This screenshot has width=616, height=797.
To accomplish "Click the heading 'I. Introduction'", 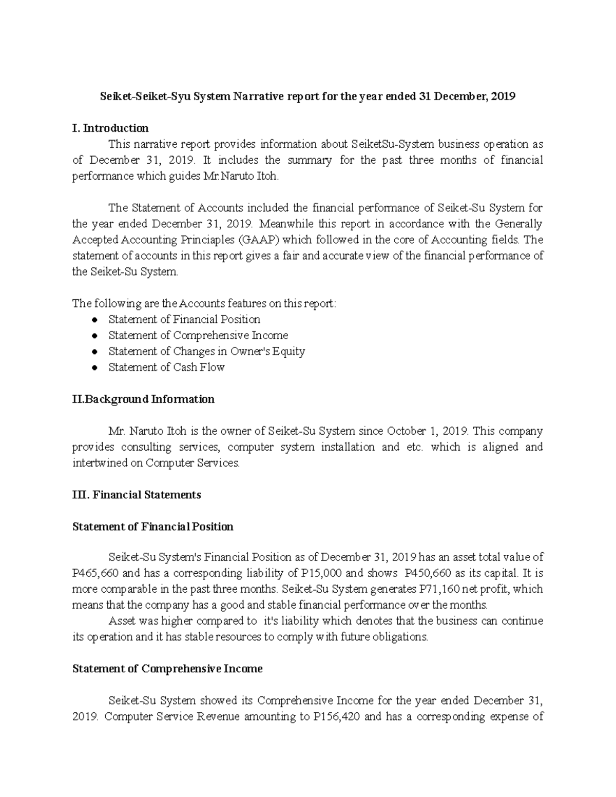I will point(110,128).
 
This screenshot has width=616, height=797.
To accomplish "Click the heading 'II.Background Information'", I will point(143,399).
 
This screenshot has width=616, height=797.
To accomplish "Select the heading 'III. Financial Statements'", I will point(137,495).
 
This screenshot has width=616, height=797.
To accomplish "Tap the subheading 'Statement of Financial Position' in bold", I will point(153,527).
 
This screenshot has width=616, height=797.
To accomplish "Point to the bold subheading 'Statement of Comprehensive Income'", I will point(167,669).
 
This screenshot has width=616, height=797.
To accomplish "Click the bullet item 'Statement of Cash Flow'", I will point(166,367).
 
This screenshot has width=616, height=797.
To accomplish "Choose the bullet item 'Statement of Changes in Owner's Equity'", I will point(206,351).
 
